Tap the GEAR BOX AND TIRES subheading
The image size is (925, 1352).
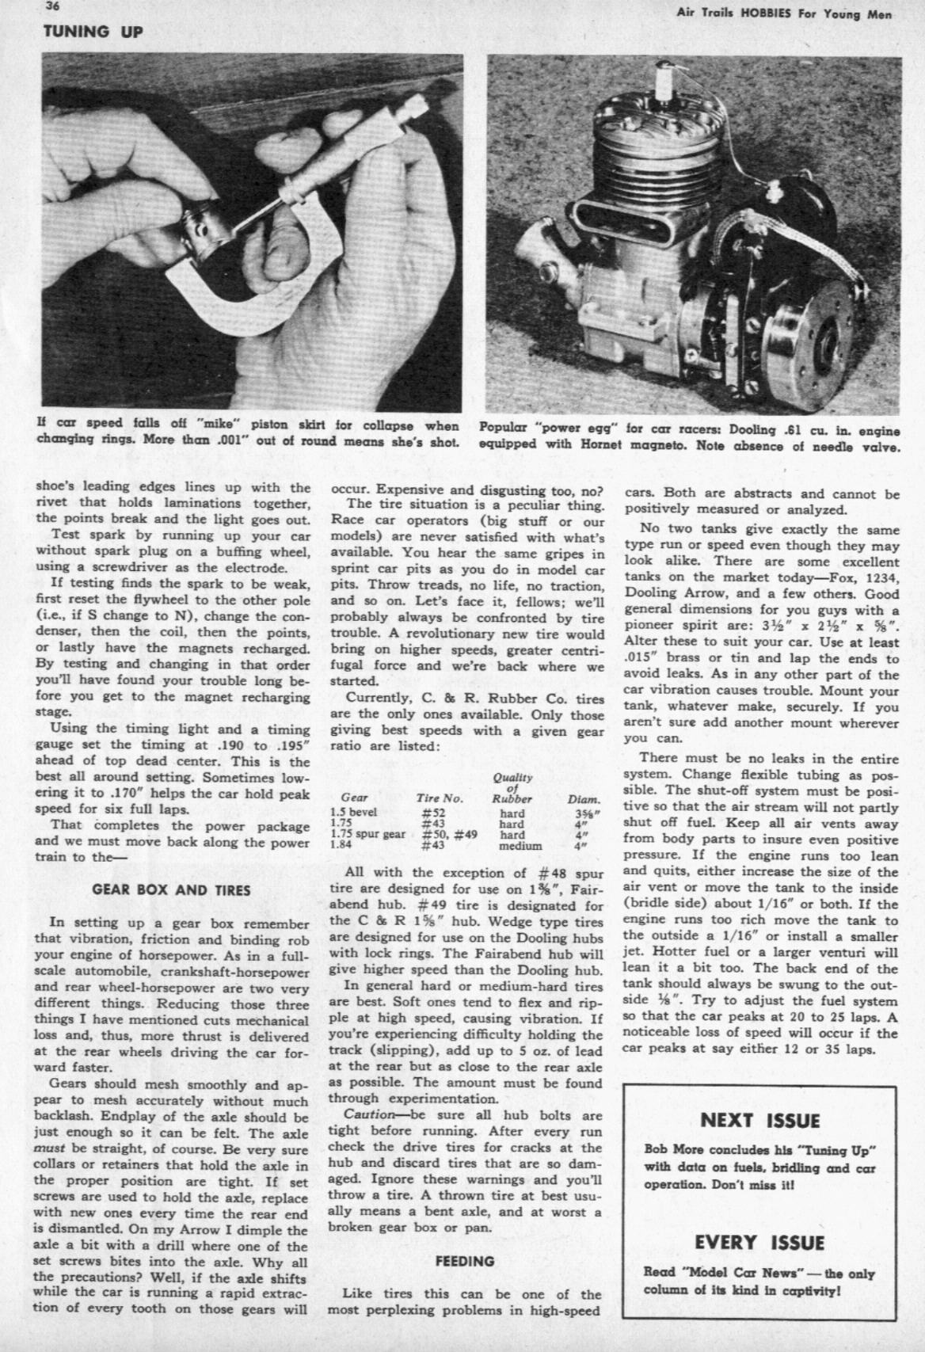coord(171,889)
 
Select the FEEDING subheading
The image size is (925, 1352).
coord(465,1260)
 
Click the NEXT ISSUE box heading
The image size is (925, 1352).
coord(760,1120)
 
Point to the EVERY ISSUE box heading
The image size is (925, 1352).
coord(760,1242)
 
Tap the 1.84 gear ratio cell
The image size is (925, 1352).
coord(339,846)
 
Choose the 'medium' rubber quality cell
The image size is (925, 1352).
coord(520,846)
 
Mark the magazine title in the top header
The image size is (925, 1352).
coord(784,14)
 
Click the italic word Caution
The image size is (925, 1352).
coord(369,1115)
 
